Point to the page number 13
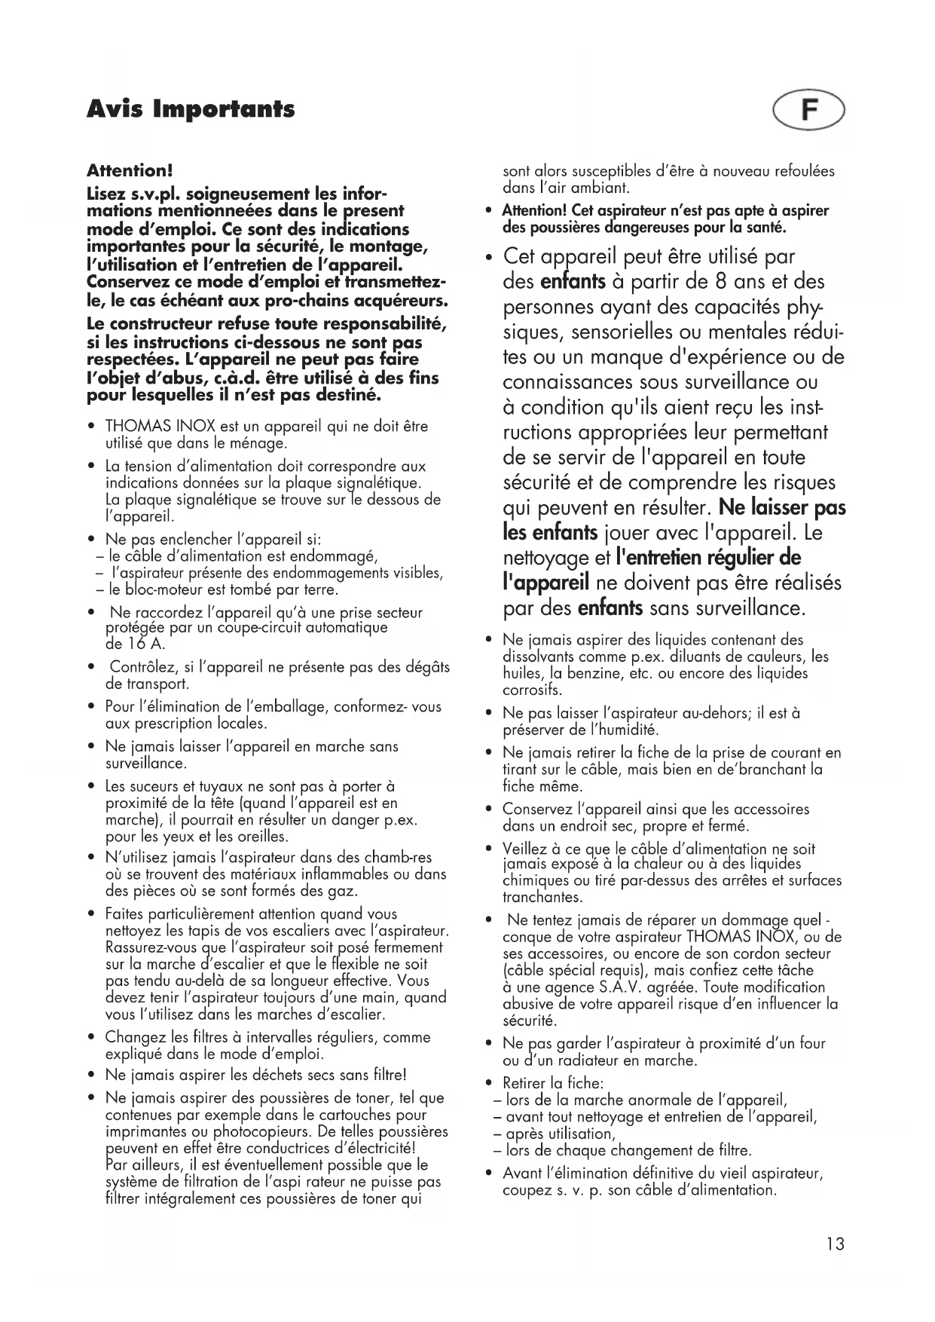(835, 1244)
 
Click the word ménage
(262, 443)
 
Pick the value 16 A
(135, 644)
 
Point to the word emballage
(286, 707)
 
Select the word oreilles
(263, 837)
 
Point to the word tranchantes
(542, 898)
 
